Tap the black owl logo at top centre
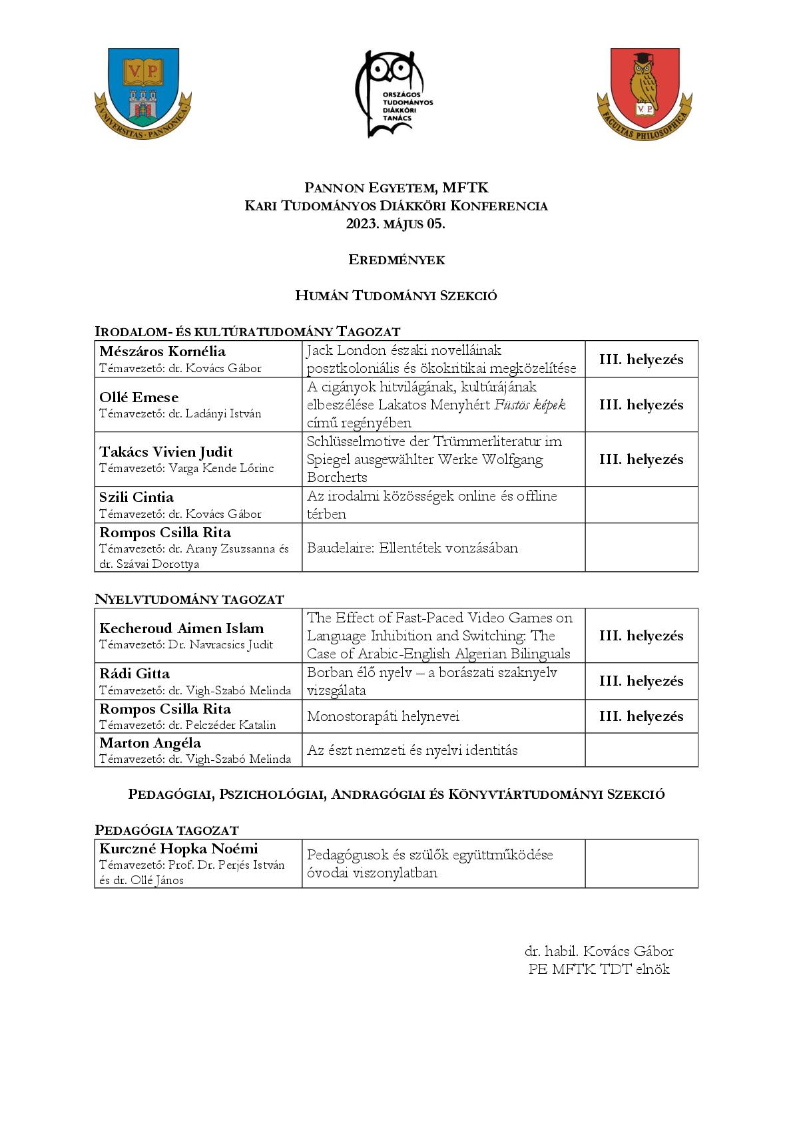pyautogui.click(x=394, y=93)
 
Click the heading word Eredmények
pyautogui.click(x=396, y=260)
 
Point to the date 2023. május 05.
pyautogui.click(x=396, y=224)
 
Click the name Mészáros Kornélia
pyautogui.click(x=162, y=351)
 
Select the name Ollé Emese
pyautogui.click(x=138, y=397)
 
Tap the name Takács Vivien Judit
pyautogui.click(x=166, y=452)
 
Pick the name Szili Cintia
pyautogui.click(x=136, y=497)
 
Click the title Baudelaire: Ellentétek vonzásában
pyautogui.click(x=412, y=548)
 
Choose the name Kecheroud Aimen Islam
pyautogui.click(x=181, y=628)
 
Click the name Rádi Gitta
pyautogui.click(x=134, y=674)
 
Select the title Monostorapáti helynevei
pyautogui.click(x=383, y=716)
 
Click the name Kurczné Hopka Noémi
pyautogui.click(x=178, y=849)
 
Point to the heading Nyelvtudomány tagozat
pyautogui.click(x=189, y=599)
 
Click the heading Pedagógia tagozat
pyautogui.click(x=166, y=830)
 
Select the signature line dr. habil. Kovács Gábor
pyautogui.click(x=599, y=951)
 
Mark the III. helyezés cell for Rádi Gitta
pyautogui.click(x=641, y=681)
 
